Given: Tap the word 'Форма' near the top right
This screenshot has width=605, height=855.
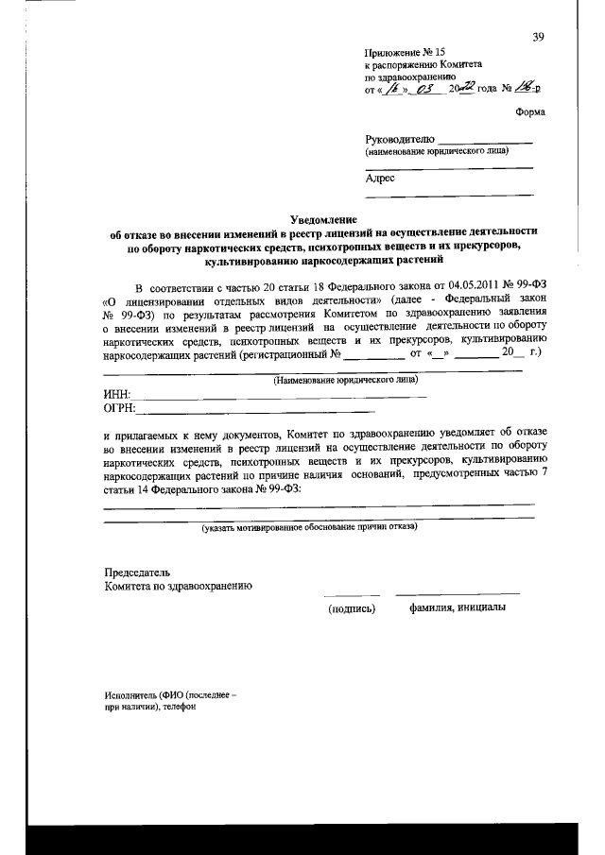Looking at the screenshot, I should (x=529, y=111).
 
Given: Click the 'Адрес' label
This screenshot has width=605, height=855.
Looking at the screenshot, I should (x=380, y=177).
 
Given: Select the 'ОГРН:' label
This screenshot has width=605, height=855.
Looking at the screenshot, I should (x=120, y=409).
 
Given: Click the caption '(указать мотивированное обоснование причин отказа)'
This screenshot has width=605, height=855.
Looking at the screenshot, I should (x=309, y=527).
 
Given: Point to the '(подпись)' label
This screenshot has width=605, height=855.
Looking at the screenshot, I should (x=352, y=608).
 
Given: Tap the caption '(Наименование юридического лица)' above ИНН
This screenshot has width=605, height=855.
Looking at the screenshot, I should (x=330, y=381).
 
